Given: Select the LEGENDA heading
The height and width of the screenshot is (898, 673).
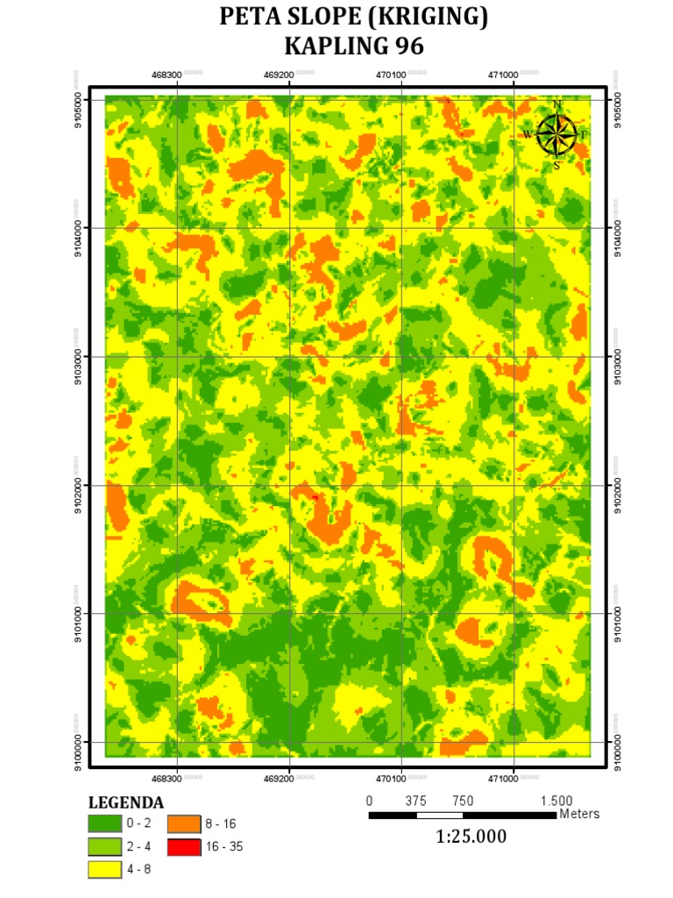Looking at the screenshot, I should click(126, 802).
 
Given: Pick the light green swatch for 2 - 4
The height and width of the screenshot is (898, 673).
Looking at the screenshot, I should click(103, 847).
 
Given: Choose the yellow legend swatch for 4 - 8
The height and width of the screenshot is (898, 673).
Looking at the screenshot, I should click(103, 870).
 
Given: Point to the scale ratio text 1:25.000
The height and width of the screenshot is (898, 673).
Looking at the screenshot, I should click(471, 837).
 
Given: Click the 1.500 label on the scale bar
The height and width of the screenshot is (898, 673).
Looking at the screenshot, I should click(556, 801).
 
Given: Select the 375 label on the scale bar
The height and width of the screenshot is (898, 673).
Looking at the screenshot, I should click(416, 801).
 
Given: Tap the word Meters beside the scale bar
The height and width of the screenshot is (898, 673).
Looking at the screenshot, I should click(579, 814).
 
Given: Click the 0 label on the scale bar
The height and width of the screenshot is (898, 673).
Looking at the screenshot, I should click(369, 801).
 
